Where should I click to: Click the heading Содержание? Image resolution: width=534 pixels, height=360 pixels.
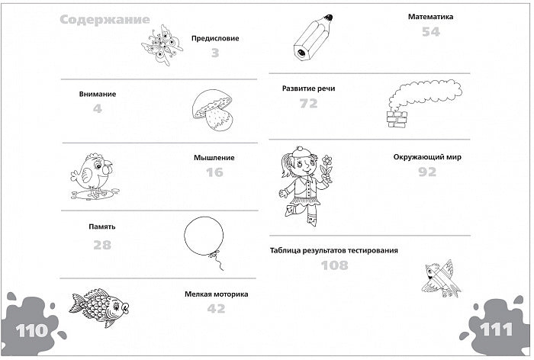click(105, 20)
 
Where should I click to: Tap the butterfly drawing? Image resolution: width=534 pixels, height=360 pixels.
click(162, 45)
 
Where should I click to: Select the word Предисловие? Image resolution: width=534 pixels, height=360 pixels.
click(215, 38)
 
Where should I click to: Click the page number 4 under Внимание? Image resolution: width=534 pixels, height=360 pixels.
click(98, 108)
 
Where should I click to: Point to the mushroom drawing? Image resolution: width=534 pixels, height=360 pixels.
click(212, 109)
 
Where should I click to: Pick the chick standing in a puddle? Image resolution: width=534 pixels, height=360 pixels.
click(95, 175)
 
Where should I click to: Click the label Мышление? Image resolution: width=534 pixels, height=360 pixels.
click(214, 158)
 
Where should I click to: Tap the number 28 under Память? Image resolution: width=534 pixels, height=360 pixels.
click(102, 245)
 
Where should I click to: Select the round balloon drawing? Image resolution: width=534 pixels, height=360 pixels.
click(204, 236)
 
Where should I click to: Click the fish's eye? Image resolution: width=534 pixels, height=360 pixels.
click(117, 306)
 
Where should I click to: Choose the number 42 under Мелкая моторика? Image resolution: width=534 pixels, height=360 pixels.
click(216, 309)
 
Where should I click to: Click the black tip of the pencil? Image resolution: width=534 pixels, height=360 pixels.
click(328, 18)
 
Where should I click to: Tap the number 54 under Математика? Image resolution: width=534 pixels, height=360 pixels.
click(431, 32)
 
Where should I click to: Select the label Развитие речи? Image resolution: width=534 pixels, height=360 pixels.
click(308, 88)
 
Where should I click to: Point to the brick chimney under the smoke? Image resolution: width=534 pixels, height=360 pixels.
click(397, 120)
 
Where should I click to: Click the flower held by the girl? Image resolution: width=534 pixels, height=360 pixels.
click(327, 160)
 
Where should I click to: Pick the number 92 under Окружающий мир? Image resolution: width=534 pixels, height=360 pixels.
click(427, 172)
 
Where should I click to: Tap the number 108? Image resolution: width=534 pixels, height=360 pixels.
click(334, 265)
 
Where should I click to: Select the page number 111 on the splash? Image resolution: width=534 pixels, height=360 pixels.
click(496, 329)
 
